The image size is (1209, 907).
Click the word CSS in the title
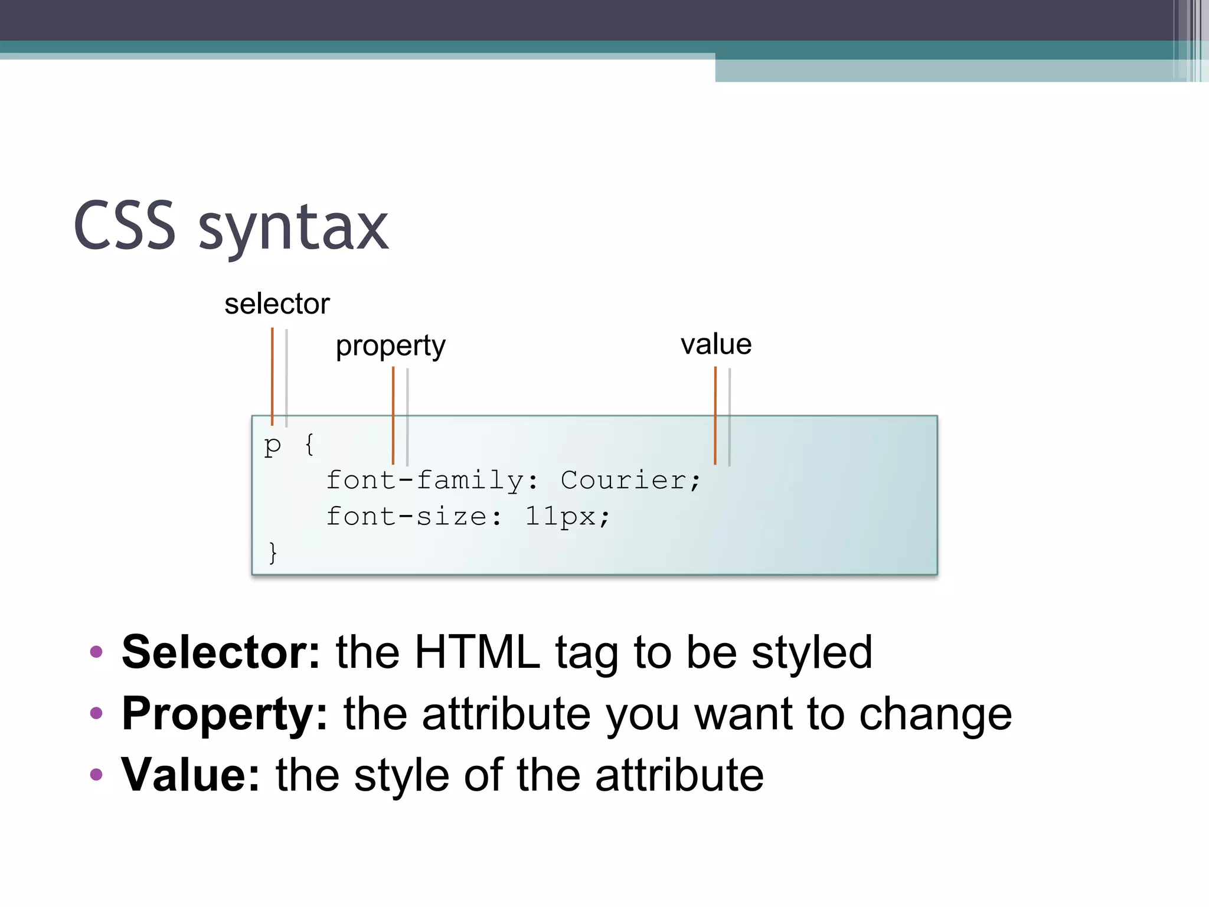[125, 226]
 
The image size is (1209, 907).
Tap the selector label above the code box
[277, 304]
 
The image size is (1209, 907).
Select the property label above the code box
[390, 346]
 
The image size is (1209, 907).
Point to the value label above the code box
[716, 344]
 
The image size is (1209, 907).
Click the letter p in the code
[272, 445]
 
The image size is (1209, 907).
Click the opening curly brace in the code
[309, 444]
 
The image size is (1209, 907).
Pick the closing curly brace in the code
[272, 553]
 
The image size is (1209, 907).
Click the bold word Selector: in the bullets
[221, 652]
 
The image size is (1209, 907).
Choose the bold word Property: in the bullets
[224, 714]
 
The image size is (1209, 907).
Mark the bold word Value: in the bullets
[191, 775]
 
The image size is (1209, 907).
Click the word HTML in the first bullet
[477, 652]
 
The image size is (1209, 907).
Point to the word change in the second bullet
[935, 715]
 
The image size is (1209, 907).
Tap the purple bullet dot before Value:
[96, 775]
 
